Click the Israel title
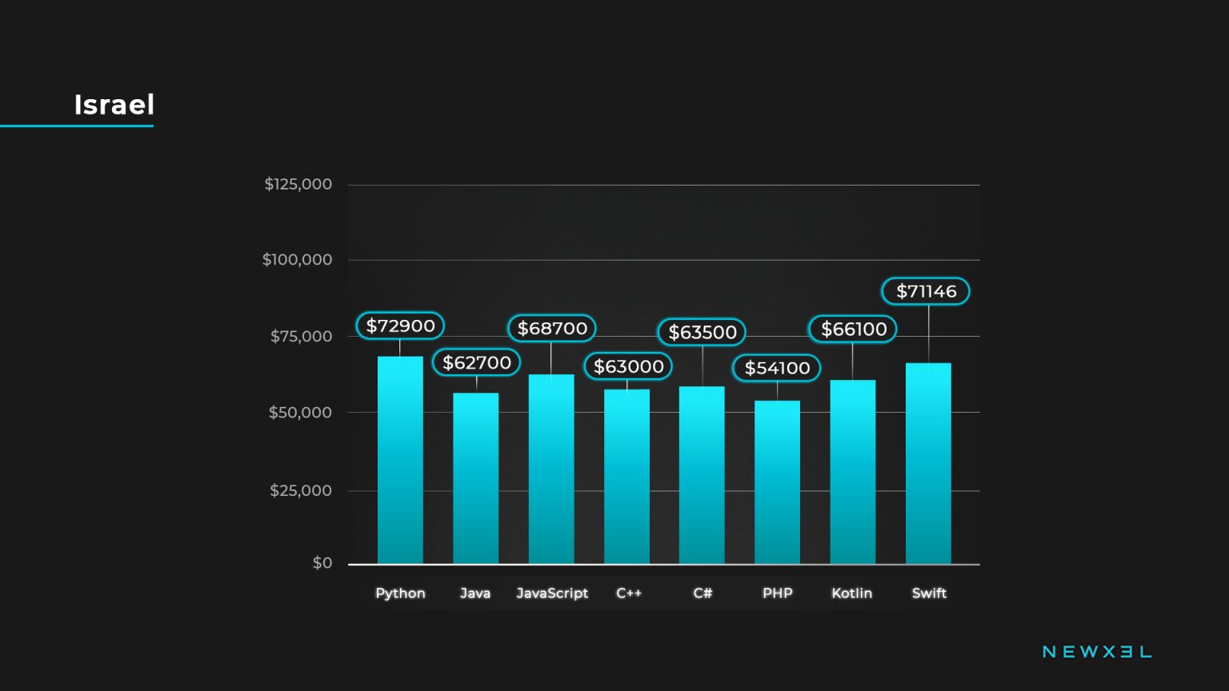click(114, 105)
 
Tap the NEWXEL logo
click(1097, 652)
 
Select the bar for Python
click(400, 460)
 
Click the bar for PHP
click(777, 482)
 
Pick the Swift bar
click(928, 464)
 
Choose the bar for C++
click(627, 477)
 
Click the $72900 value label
click(400, 326)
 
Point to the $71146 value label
click(926, 291)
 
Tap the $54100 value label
click(777, 368)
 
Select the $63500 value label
click(702, 332)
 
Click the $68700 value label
click(552, 328)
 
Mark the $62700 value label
click(477, 362)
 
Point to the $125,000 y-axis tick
click(298, 184)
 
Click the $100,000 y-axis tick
click(297, 259)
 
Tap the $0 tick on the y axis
click(322, 563)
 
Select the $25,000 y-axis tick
click(300, 490)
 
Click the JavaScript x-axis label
click(552, 593)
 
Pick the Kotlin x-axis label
click(851, 593)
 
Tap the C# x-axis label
click(703, 593)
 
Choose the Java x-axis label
click(475, 593)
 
